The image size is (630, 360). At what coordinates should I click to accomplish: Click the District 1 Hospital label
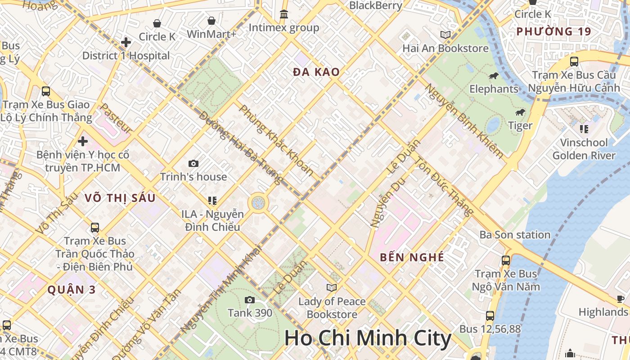[126, 56]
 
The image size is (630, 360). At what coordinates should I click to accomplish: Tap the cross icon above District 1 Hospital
[126, 43]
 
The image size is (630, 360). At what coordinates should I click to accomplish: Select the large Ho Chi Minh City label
[368, 338]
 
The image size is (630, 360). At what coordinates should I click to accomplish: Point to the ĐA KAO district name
[316, 72]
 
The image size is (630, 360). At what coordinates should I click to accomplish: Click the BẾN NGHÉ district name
[412, 257]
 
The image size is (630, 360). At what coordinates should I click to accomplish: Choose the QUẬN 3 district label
[72, 290]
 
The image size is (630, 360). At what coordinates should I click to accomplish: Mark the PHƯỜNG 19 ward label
[553, 31]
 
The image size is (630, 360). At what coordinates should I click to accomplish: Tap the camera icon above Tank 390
[250, 300]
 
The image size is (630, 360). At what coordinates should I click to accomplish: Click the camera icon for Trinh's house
[193, 164]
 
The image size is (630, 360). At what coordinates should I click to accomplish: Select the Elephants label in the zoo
[494, 89]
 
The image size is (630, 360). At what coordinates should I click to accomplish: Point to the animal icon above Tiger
[521, 112]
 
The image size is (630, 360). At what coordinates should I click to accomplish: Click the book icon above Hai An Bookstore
[445, 35]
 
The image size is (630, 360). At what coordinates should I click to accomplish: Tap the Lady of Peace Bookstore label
[332, 307]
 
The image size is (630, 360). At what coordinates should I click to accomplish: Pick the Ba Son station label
[515, 234]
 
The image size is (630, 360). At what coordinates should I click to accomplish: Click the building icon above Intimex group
[284, 14]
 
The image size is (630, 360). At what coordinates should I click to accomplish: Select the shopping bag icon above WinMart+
[211, 21]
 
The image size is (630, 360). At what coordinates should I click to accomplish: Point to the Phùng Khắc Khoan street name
[277, 140]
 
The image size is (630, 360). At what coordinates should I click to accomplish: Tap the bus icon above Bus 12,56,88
[490, 316]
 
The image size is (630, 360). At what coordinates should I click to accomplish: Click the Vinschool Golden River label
[584, 149]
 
